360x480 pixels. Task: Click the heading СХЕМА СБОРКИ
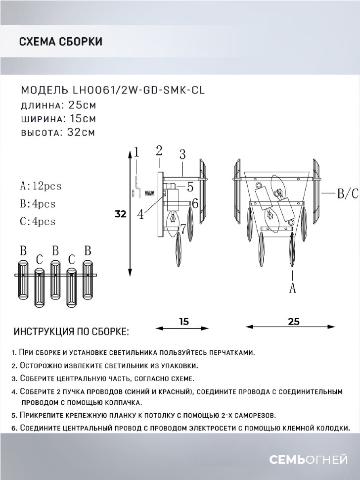coord(60,42)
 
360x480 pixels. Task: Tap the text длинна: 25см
coord(58,105)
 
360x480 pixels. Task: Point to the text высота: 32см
coord(58,132)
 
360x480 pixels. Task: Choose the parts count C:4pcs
coord(38,222)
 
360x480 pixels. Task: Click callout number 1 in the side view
coord(137,152)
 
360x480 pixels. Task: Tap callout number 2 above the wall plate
coord(159,150)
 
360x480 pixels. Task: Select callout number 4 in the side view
coord(141,214)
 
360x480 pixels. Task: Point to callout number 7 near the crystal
coord(183,229)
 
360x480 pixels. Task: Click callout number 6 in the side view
coord(195,203)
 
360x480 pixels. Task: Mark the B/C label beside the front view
coord(347,194)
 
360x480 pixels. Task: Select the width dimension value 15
coord(183,321)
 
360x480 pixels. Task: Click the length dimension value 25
coord(293,321)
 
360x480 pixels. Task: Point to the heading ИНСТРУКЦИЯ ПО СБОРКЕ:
coord(72,330)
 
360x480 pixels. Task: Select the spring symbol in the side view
coord(147,199)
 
